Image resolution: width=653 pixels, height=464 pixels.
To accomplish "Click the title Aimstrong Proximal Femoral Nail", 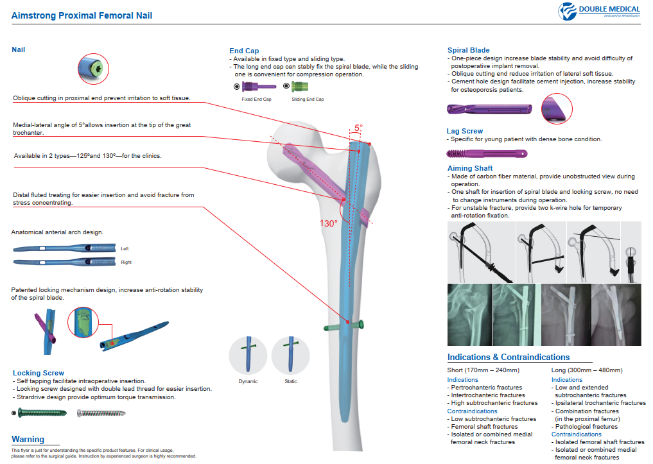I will click(82, 15).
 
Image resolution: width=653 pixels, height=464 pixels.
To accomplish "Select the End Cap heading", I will click(244, 51).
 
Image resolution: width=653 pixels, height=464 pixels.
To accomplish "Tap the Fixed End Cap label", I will click(256, 99).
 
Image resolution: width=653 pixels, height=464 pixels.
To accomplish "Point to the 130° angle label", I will click(329, 223).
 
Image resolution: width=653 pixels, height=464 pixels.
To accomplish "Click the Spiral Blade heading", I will click(468, 50).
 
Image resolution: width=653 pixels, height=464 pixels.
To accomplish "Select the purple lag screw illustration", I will click(487, 154).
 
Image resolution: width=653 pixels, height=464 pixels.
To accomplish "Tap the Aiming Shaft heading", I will click(469, 168).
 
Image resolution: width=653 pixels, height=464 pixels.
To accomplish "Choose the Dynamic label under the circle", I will click(248, 381).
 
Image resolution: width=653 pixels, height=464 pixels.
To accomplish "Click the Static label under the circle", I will click(290, 381).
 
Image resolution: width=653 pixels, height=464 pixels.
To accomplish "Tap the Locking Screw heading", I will click(39, 373).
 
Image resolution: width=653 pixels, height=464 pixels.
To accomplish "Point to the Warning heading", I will click(28, 440).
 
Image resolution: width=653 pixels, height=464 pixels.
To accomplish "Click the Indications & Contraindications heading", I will click(508, 357).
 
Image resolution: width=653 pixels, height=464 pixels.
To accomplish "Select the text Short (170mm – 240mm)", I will click(483, 370).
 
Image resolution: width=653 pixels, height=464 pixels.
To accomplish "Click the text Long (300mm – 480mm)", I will click(586, 370).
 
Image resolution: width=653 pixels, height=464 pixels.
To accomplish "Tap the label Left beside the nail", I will click(125, 248).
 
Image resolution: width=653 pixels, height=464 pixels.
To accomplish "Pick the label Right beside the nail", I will click(126, 262).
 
